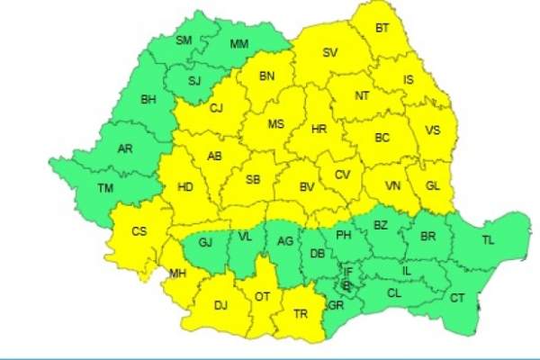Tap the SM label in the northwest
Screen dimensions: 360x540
point(184,40)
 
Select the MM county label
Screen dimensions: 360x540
point(239,44)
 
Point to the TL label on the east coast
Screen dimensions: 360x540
point(488,240)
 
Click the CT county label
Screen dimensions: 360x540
point(457,298)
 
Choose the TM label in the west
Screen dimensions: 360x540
point(106,189)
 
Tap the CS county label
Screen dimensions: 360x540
point(139,231)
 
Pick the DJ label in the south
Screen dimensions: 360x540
point(220,306)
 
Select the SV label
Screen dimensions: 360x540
point(329,54)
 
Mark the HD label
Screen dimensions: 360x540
point(186,188)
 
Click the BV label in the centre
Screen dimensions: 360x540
point(307,187)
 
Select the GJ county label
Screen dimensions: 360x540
point(204,242)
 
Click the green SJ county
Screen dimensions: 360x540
point(193,80)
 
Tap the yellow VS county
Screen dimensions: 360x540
point(433,130)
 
